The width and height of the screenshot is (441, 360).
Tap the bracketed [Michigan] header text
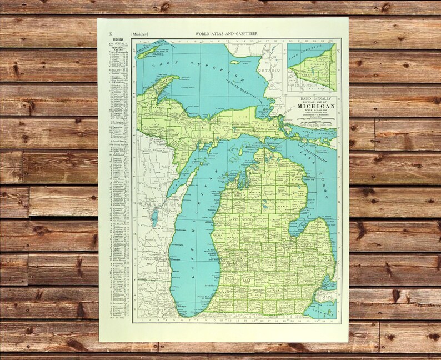[x=141, y=34]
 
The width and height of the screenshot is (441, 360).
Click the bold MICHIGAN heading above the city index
[x=118, y=41]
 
